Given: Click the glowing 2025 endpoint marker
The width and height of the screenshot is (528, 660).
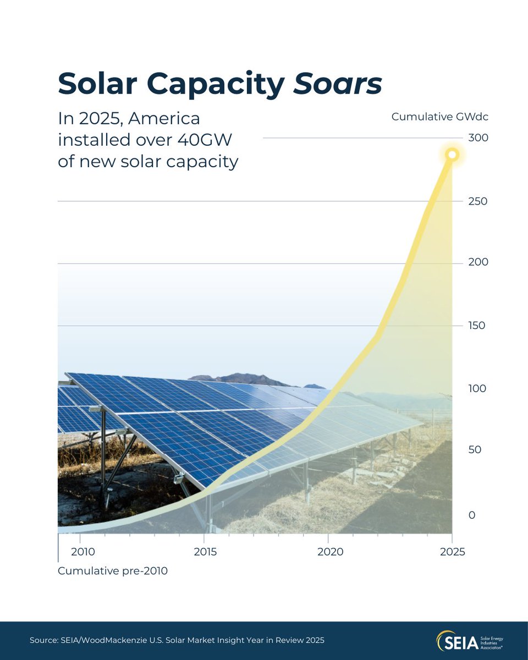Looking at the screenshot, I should [x=452, y=155].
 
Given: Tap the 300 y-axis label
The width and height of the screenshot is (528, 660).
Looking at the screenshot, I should [x=478, y=137].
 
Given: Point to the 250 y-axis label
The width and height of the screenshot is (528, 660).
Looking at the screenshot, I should [x=478, y=201].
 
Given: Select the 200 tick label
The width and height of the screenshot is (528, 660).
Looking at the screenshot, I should [x=478, y=262].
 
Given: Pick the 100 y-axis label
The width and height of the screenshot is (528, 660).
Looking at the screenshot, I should [x=477, y=389].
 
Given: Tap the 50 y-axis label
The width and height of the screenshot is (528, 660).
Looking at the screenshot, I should [x=475, y=450].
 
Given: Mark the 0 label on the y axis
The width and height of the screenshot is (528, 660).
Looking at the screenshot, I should [x=471, y=515].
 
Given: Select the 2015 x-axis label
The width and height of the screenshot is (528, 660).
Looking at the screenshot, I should [x=205, y=552].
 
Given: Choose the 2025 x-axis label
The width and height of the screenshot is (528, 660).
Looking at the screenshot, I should [x=452, y=552].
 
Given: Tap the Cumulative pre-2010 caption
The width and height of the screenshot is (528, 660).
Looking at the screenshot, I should [x=113, y=571].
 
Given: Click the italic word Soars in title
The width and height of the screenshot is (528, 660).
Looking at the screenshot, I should [x=338, y=84].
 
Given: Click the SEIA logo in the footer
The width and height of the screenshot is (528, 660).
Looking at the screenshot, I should [x=470, y=641].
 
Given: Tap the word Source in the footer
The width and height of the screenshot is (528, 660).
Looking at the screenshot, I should [x=45, y=641].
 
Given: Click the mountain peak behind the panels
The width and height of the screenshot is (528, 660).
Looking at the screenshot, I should [x=242, y=378].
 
